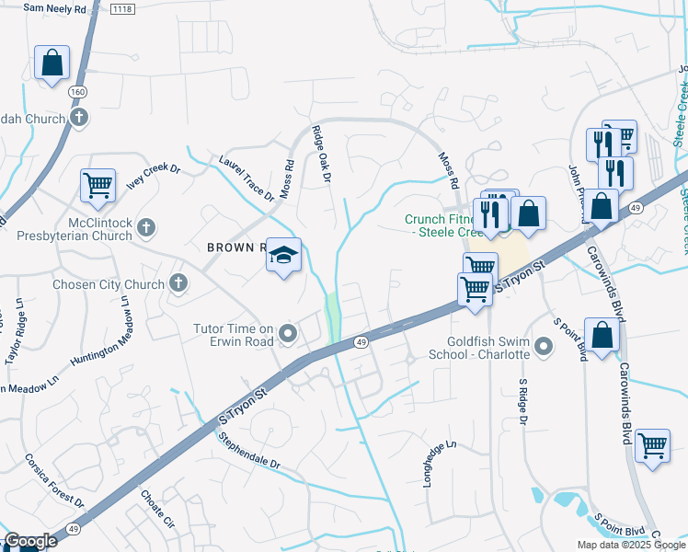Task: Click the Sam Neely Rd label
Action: click(54, 7)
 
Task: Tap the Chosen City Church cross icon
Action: click(178, 283)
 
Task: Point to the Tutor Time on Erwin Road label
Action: click(234, 335)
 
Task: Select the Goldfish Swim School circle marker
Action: click(544, 347)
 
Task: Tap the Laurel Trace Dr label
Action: click(247, 178)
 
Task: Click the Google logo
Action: click(30, 541)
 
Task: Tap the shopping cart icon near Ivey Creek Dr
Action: click(97, 186)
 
